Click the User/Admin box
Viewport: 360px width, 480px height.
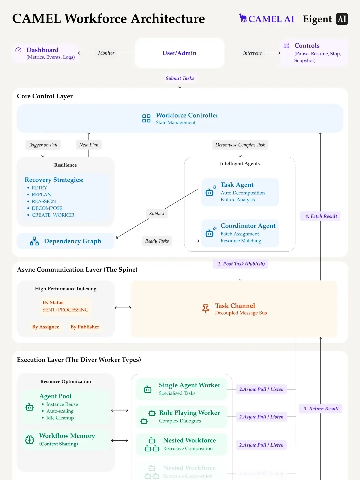tap(179, 53)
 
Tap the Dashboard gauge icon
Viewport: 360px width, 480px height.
tap(18, 50)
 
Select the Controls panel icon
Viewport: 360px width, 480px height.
tap(286, 46)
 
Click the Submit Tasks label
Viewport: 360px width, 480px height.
tap(180, 78)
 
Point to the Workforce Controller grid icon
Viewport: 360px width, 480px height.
tap(146, 118)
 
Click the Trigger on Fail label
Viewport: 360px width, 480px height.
tap(43, 145)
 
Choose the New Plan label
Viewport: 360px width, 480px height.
tap(89, 145)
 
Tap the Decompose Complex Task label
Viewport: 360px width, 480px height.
tap(240, 145)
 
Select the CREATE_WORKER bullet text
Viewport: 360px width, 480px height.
tap(53, 215)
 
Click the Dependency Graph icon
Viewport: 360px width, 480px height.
tap(34, 241)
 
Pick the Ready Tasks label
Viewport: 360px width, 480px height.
tap(157, 241)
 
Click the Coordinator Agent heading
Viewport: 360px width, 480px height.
tap(248, 226)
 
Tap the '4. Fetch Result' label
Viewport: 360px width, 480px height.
tap(321, 216)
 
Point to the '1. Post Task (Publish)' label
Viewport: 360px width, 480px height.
tap(241, 264)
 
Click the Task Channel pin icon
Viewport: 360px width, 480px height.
tap(206, 309)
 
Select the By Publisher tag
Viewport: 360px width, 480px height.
tap(85, 327)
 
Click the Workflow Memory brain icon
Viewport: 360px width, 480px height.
tap(30, 440)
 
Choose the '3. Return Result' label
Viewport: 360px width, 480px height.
tap(321, 409)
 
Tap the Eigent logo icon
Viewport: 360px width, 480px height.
tap(342, 19)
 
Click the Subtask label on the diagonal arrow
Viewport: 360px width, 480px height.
tap(157, 214)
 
